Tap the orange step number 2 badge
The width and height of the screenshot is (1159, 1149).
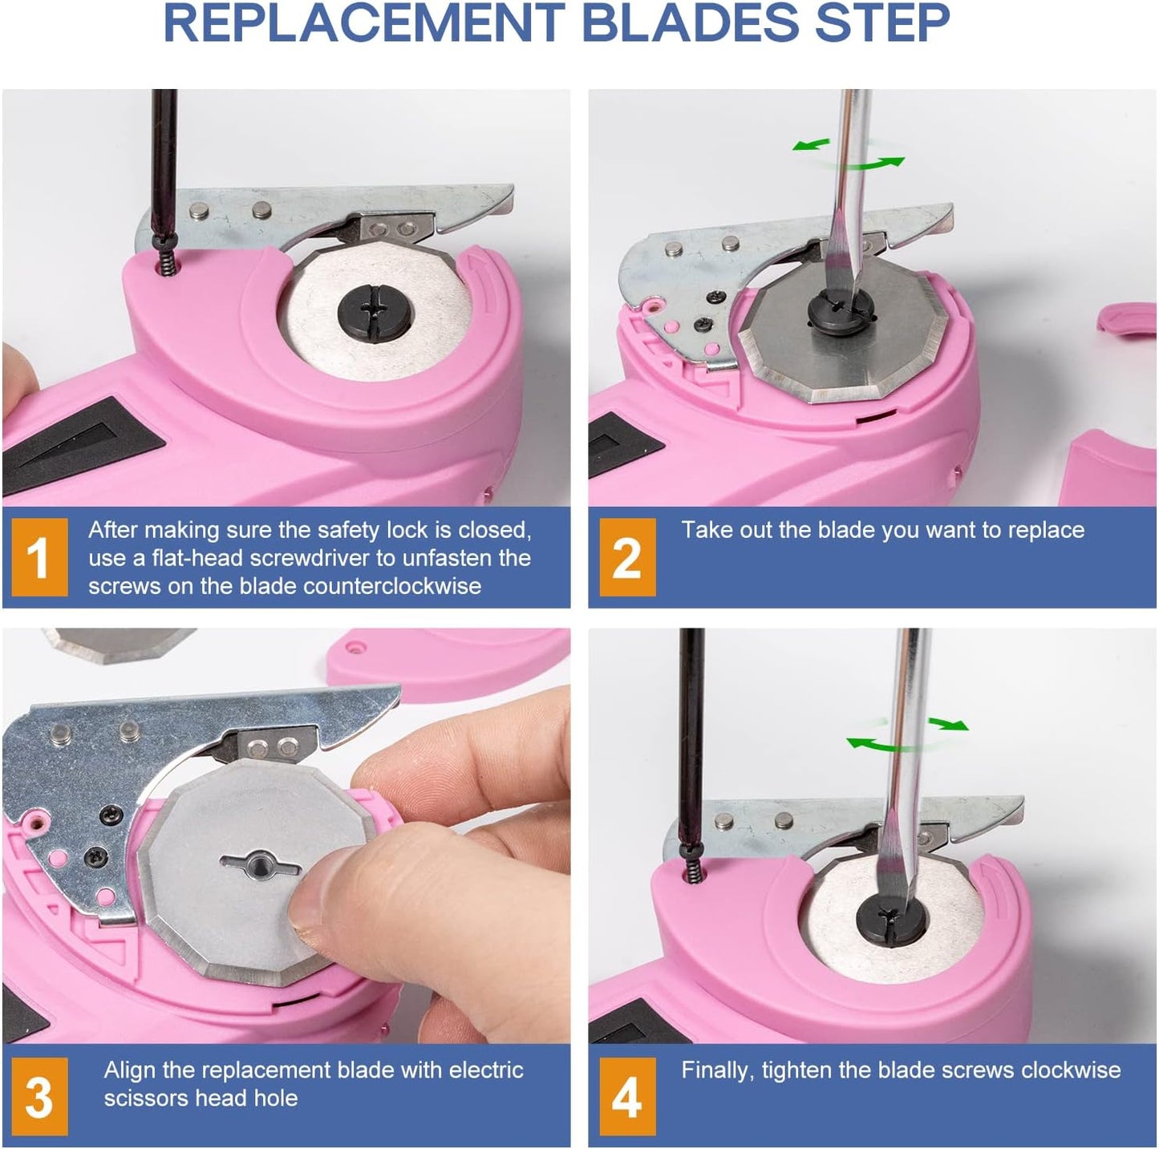click(x=627, y=556)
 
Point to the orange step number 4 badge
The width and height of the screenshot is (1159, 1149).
click(x=627, y=1097)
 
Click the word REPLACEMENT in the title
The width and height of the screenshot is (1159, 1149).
click(x=364, y=22)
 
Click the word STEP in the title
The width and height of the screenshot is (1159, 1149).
click(x=882, y=22)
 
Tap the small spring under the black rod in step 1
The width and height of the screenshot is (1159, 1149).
click(x=167, y=260)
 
